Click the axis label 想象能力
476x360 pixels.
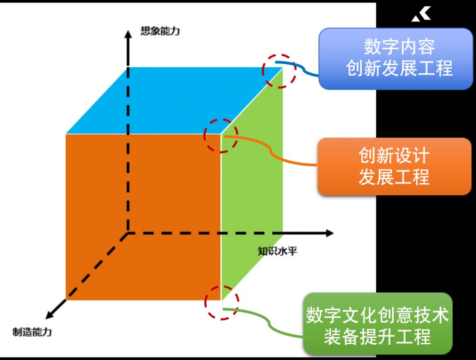(x=160, y=32)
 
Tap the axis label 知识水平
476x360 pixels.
(x=278, y=251)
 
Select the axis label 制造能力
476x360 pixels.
(x=32, y=332)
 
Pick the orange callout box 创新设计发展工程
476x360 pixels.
(x=394, y=167)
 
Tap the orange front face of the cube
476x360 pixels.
(x=143, y=217)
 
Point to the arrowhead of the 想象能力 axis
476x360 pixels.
(x=127, y=33)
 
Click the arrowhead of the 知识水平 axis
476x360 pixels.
(x=329, y=233)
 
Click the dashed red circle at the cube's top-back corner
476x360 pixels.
(x=279, y=70)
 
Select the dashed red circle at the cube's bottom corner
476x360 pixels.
(x=222, y=302)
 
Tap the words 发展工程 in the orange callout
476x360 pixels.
(x=394, y=177)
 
